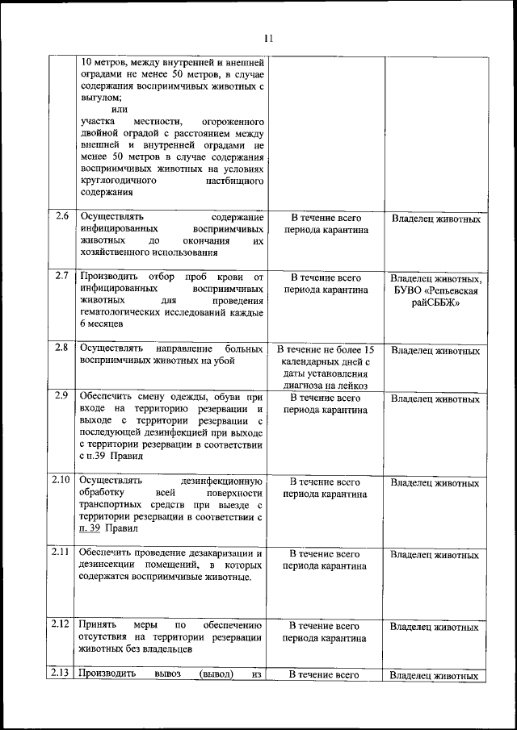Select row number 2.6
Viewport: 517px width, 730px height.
click(62, 216)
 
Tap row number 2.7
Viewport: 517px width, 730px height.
click(62, 275)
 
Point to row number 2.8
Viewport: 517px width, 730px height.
click(62, 348)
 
